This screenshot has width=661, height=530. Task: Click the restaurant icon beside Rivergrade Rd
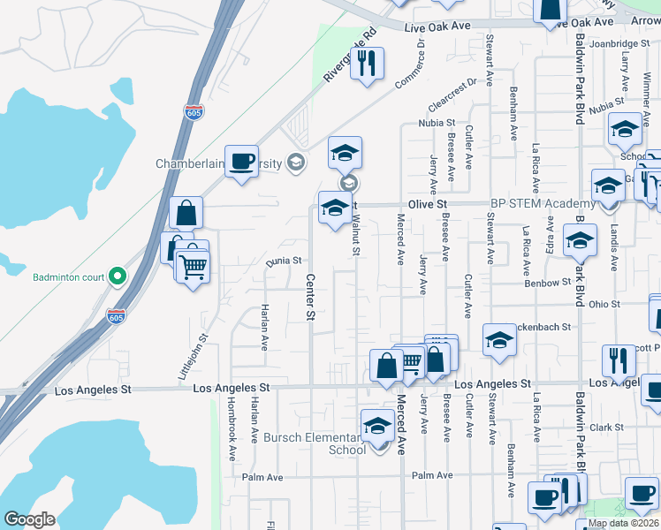click(x=367, y=64)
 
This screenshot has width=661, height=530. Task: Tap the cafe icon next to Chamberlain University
click(x=241, y=162)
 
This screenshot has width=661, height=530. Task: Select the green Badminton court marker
click(x=117, y=276)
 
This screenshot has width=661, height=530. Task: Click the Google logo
click(x=28, y=519)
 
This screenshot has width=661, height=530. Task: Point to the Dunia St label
click(x=285, y=261)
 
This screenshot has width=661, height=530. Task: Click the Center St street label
click(x=310, y=298)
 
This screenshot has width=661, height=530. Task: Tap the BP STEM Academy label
click(x=532, y=203)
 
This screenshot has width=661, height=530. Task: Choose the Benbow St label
click(x=548, y=283)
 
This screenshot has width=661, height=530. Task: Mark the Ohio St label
click(x=604, y=304)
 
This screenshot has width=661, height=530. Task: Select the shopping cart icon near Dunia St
click(x=193, y=264)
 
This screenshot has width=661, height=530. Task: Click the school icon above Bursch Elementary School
click(x=377, y=426)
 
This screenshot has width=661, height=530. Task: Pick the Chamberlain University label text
click(x=218, y=163)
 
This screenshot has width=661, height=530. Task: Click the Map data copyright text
click(x=623, y=523)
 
